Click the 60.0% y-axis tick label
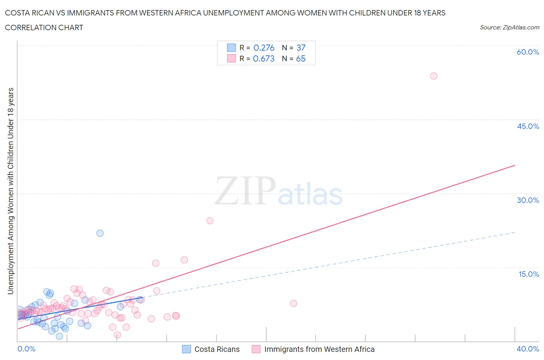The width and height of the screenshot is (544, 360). (528, 52)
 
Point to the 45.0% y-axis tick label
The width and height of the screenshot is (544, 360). (528, 126)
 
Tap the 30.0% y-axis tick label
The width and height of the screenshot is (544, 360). (528, 200)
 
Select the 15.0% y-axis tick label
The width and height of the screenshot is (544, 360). (529, 274)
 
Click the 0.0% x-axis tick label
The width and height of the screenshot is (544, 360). (26, 349)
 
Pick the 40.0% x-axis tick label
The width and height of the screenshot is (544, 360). (528, 349)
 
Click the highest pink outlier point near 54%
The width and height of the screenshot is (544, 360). (434, 76)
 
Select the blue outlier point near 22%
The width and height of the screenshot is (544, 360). (100, 233)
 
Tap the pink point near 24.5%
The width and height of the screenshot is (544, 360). (210, 221)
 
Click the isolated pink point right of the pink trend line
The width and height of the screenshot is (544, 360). (293, 303)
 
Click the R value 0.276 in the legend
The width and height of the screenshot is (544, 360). (264, 48)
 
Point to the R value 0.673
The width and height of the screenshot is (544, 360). (264, 58)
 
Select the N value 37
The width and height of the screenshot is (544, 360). (301, 48)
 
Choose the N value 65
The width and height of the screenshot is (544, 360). (301, 58)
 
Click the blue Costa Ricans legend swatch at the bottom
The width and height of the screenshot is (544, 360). (186, 349)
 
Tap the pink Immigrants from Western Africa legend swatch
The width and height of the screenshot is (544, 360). (256, 349)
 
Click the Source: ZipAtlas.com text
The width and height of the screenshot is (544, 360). (509, 27)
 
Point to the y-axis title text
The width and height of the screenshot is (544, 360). (10, 191)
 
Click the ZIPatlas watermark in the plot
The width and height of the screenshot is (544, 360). (279, 192)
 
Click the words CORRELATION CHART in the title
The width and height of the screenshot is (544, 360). (44, 27)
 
